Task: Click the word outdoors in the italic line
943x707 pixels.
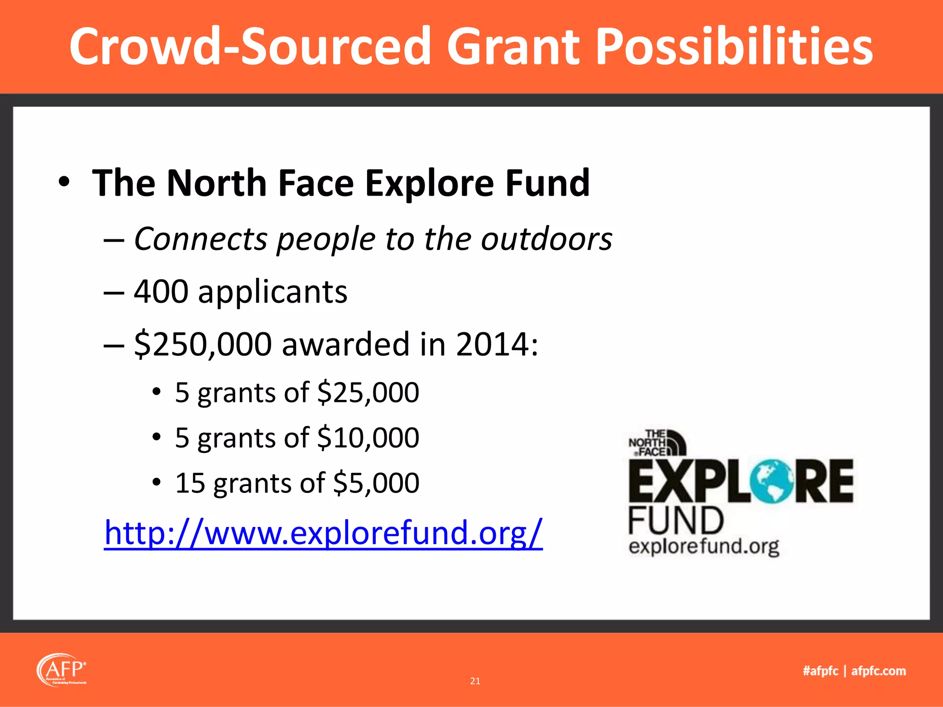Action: (547, 239)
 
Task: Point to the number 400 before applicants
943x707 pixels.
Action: (161, 292)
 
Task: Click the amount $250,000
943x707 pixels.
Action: (203, 344)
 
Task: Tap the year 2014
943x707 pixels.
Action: (492, 344)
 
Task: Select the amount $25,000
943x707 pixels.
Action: (368, 393)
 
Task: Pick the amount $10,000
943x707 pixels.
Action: (368, 438)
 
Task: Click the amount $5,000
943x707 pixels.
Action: (376, 483)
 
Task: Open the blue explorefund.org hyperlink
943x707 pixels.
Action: (323, 533)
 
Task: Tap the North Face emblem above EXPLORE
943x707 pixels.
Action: (658, 443)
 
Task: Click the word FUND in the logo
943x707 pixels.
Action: (675, 521)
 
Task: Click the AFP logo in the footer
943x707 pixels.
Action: (61, 670)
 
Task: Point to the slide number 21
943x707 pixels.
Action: (475, 681)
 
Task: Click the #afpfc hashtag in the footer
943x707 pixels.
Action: (821, 671)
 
